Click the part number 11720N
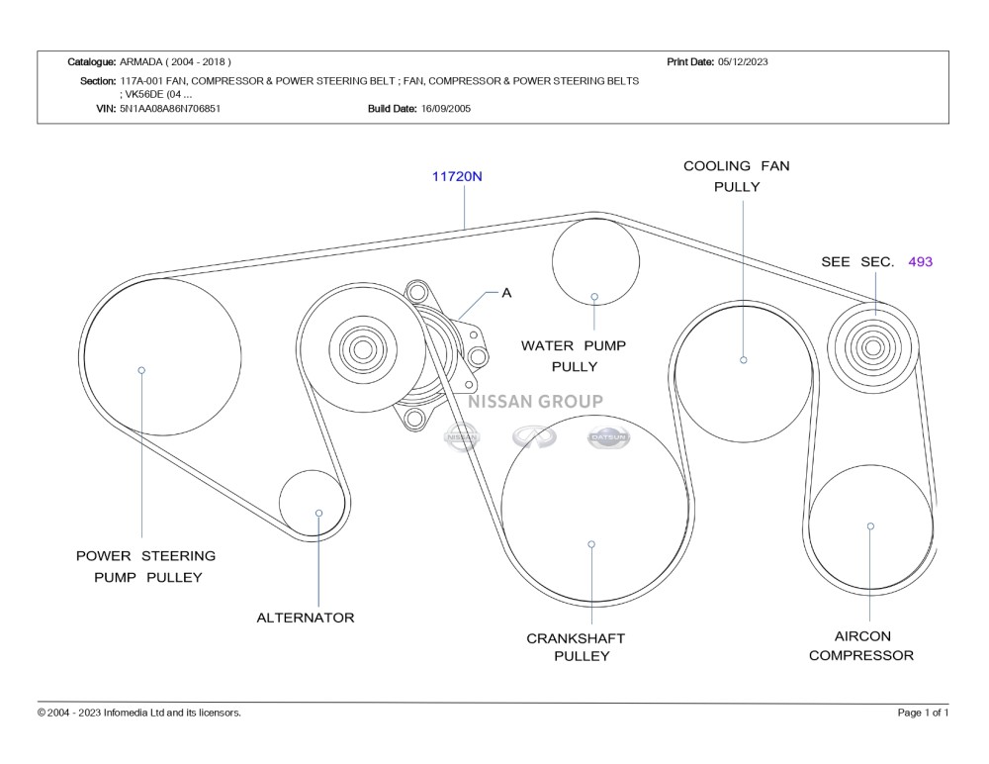click(457, 177)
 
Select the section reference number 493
click(920, 262)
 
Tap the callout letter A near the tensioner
click(506, 293)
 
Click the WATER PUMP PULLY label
click(574, 356)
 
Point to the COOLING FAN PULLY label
click(737, 176)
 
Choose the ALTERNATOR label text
click(305, 618)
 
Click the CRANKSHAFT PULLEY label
click(576, 647)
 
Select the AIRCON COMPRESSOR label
click(861, 645)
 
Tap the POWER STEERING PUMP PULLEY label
click(146, 566)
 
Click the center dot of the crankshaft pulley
click(591, 544)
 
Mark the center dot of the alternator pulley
click(319, 513)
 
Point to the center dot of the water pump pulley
click(594, 296)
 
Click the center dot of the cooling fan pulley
click(744, 359)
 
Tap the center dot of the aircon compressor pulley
click(870, 526)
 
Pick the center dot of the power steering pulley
click(141, 370)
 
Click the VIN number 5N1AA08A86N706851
click(170, 109)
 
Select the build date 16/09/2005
click(446, 109)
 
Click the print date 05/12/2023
click(743, 61)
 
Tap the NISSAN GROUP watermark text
click(535, 402)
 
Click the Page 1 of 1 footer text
click(923, 713)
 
